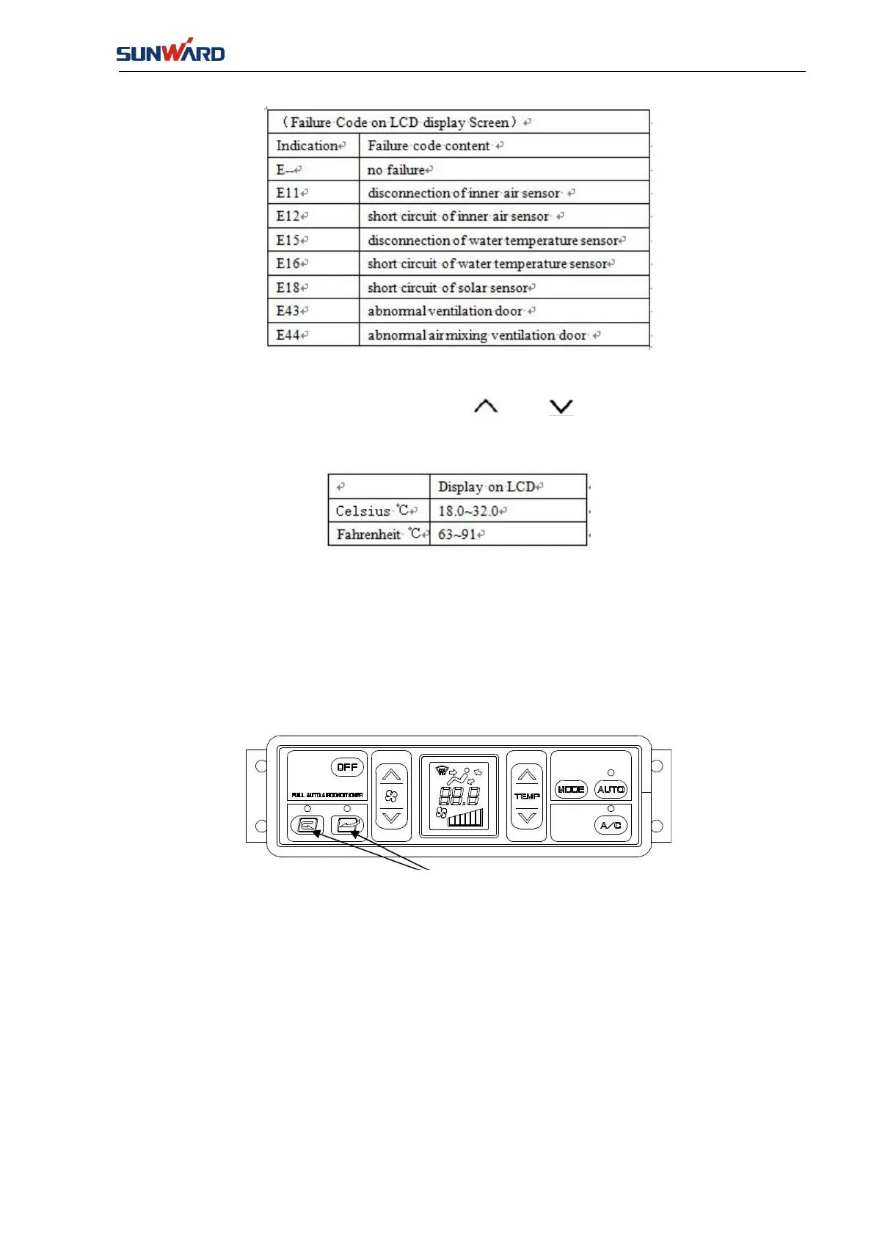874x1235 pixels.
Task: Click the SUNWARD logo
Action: pos(170,51)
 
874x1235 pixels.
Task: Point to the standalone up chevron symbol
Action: pos(486,406)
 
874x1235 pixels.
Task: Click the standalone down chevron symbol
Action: pos(561,407)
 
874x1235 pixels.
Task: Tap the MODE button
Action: pos(571,789)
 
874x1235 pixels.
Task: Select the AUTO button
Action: pos(611,789)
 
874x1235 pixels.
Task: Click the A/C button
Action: pos(611,826)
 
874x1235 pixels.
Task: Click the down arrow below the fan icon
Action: pos(391,818)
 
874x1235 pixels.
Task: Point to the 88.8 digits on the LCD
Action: pos(459,796)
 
